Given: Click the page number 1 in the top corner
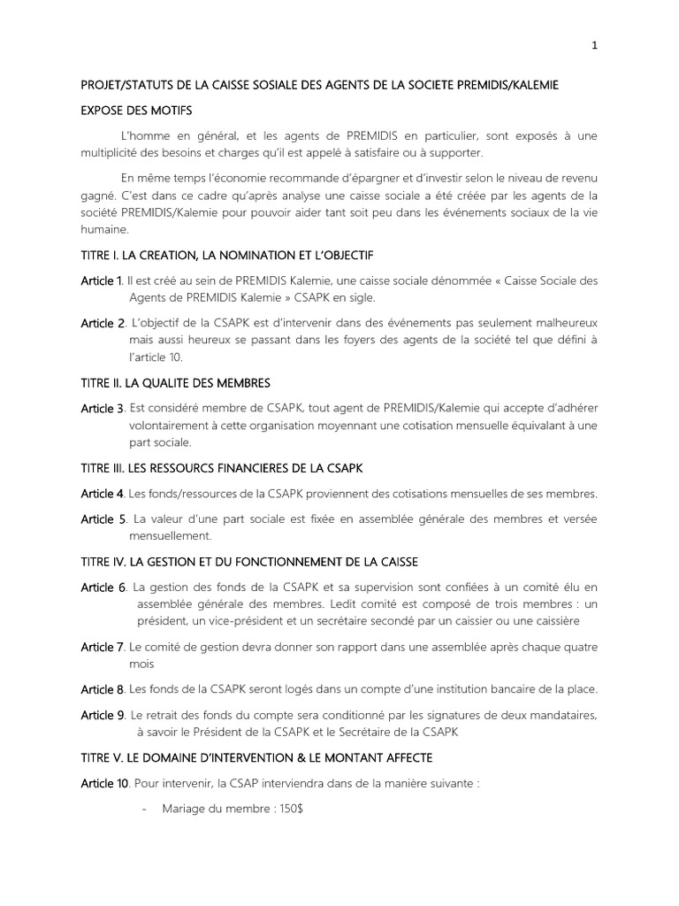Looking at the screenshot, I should tap(595, 47).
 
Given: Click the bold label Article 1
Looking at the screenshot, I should tap(102, 280).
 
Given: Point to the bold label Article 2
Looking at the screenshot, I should tap(103, 324).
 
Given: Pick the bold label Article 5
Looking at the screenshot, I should tap(103, 518).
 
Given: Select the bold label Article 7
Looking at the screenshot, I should tap(103, 647).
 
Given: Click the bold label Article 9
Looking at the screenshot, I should tap(103, 714).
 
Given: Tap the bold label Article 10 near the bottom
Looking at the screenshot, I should tap(105, 783).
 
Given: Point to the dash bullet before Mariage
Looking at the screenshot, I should tap(144, 810).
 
